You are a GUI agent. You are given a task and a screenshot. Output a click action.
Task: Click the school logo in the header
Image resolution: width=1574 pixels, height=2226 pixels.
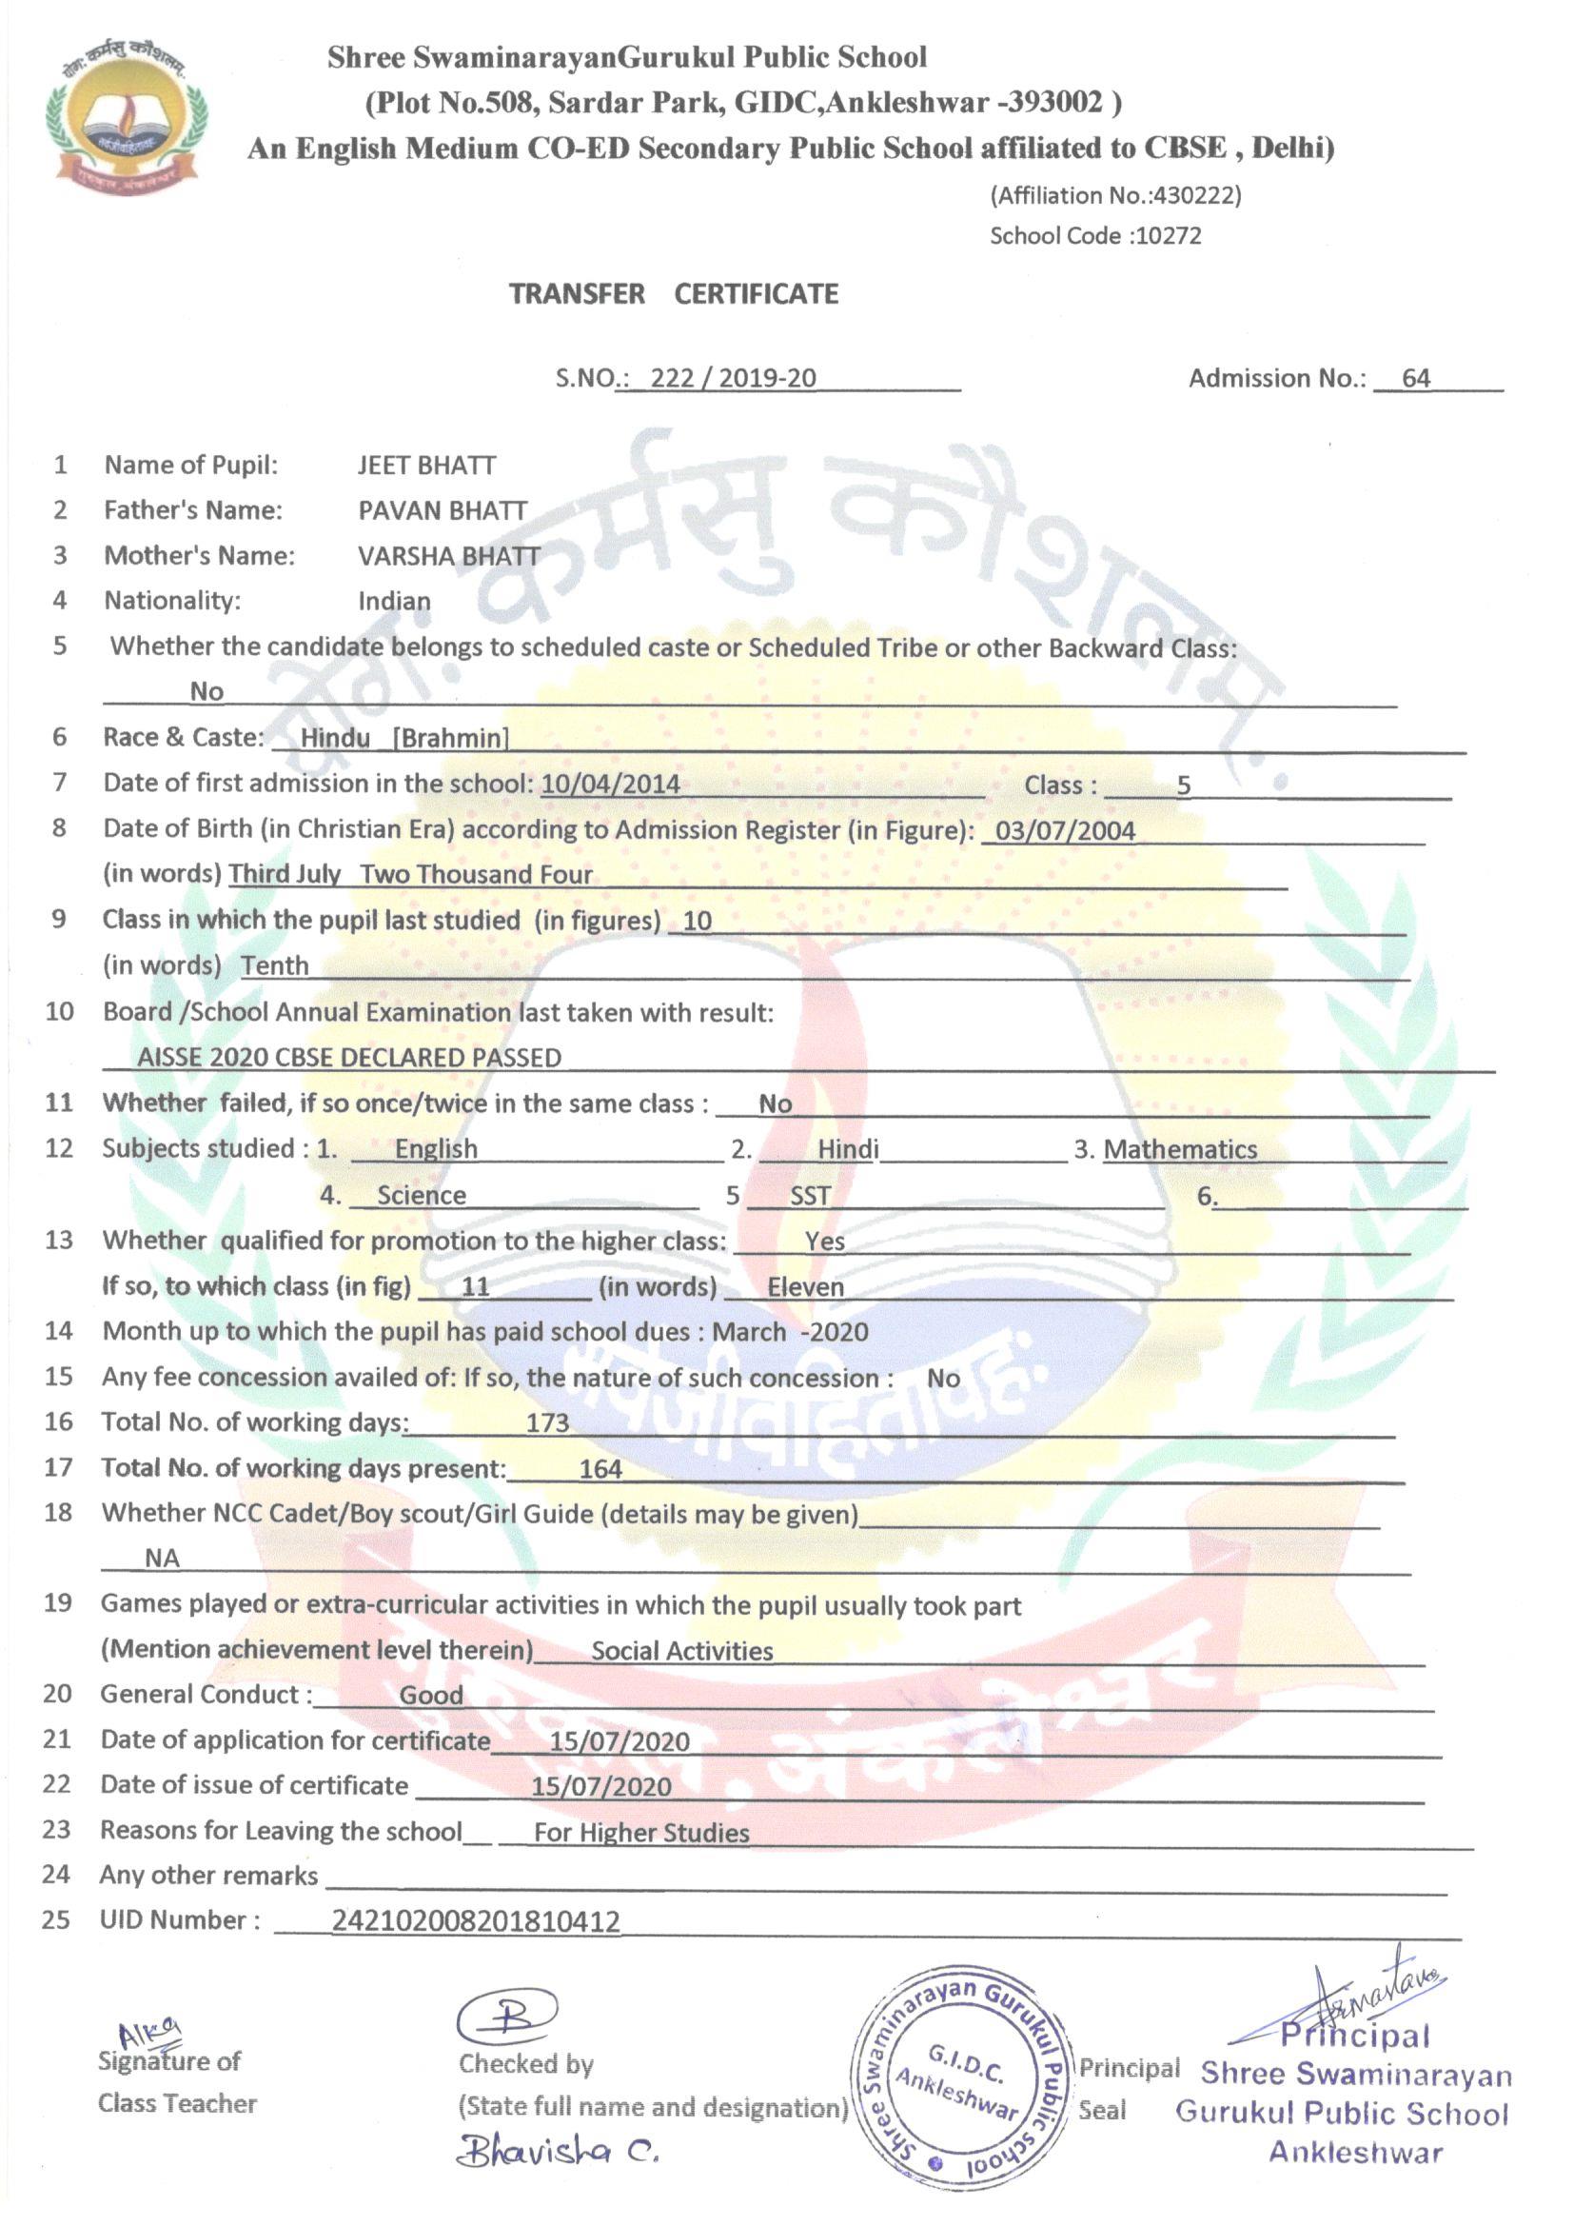[125, 114]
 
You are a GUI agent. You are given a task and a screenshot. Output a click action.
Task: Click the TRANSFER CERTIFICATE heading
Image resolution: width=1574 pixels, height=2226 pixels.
[674, 294]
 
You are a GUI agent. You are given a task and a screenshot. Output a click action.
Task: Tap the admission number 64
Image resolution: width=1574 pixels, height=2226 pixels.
[1415, 378]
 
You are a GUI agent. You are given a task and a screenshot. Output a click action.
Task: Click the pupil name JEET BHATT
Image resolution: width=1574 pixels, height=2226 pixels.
[426, 466]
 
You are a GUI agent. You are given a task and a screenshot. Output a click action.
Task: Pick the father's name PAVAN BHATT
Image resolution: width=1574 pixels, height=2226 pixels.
[443, 511]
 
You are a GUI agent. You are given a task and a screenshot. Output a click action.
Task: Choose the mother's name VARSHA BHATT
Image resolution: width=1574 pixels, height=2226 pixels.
[449, 555]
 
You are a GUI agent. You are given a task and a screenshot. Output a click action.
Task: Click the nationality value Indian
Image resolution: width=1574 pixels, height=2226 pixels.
[394, 601]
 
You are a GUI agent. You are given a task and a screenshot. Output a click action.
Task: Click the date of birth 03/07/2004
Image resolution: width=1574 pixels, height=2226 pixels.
[1065, 830]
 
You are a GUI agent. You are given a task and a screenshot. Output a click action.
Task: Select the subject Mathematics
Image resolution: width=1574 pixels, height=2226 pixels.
[1179, 1149]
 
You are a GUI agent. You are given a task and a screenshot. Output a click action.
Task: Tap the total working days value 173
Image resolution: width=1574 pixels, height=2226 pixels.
[546, 1422]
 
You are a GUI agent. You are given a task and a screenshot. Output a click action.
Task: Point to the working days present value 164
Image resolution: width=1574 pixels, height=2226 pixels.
[600, 1469]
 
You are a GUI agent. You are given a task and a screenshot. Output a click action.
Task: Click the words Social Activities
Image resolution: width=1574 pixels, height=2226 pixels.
[681, 1651]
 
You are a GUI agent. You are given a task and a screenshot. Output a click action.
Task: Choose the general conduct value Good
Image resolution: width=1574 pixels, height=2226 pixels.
[431, 1696]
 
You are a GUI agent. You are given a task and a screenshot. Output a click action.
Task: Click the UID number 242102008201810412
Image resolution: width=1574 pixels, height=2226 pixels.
[475, 1920]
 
